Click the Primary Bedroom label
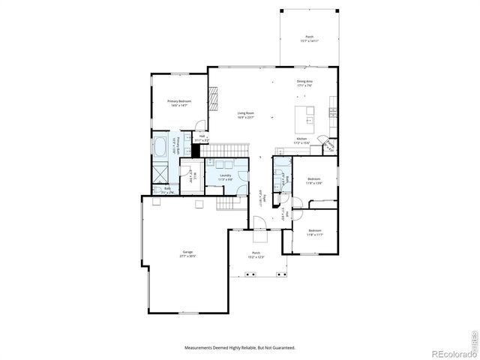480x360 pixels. coord(178,101)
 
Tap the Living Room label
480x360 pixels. coord(245,113)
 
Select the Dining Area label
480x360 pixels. coord(304,81)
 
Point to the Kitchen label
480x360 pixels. coord(301,139)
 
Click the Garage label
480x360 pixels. coord(187,252)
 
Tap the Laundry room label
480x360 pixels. coord(226,176)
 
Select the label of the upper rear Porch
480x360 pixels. coord(308,37)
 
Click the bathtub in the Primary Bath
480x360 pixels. coord(160,145)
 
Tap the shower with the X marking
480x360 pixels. coord(160,172)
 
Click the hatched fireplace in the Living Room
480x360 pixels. coord(213,98)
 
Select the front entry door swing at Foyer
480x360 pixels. coord(256,221)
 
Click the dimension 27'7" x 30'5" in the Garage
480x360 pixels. coord(187,256)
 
